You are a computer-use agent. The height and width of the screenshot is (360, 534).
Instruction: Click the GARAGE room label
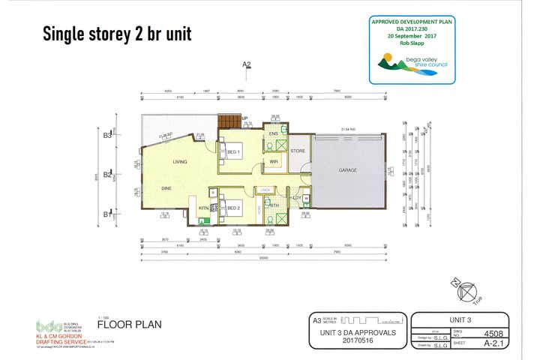347,170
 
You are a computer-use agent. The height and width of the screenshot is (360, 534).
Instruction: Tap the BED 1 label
234,151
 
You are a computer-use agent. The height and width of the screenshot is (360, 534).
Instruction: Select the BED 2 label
234,208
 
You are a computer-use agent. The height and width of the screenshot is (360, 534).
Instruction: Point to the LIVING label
180,160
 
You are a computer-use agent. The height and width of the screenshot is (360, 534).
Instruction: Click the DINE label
166,188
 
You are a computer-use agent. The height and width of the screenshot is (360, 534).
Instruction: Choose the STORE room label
298,151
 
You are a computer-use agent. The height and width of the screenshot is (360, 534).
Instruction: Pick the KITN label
203,208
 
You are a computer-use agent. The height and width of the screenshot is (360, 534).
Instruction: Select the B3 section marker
107,136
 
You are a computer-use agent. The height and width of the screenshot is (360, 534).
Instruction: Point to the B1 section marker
107,214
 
